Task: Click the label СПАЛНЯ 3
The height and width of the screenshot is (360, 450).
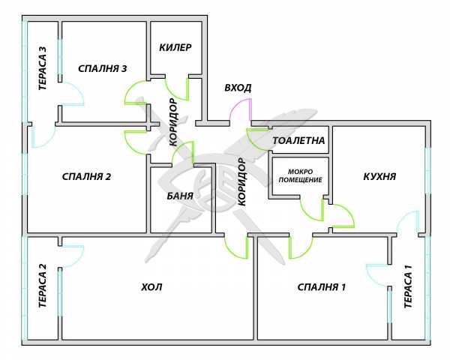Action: click(103, 69)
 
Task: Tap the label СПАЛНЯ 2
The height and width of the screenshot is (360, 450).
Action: click(87, 177)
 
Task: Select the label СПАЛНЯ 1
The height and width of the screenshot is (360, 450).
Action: click(322, 286)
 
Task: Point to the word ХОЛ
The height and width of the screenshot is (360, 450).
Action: click(151, 286)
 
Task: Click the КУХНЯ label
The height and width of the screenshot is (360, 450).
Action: click(379, 177)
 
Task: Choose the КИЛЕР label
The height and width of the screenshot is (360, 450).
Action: click(175, 47)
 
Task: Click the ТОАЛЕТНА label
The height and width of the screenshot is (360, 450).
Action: click(298, 140)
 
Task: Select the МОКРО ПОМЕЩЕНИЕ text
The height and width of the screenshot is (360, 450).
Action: click(300, 175)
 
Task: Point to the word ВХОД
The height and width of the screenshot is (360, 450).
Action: click(238, 88)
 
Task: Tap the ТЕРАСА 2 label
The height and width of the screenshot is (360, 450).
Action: click(43, 287)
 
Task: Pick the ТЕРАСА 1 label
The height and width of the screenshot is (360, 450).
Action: click(409, 287)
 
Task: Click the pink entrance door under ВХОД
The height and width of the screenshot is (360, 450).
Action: click(241, 109)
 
